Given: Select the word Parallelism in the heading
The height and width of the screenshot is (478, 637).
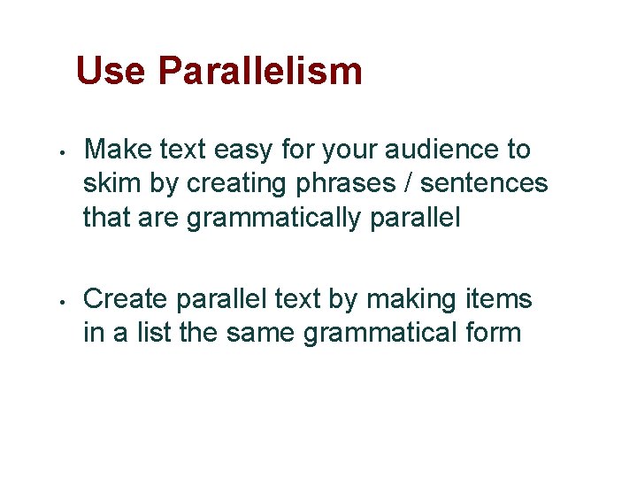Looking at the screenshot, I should pyautogui.click(x=260, y=71).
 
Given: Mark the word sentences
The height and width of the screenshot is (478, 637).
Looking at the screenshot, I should pyautogui.click(x=484, y=183).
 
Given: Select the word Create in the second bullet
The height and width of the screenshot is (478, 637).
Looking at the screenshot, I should pyautogui.click(x=126, y=300).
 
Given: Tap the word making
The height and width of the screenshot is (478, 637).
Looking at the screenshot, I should pyautogui.click(x=411, y=301).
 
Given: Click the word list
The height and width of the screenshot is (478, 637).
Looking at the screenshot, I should pyautogui.click(x=153, y=334).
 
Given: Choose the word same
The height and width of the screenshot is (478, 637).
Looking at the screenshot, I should pyautogui.click(x=261, y=334).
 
